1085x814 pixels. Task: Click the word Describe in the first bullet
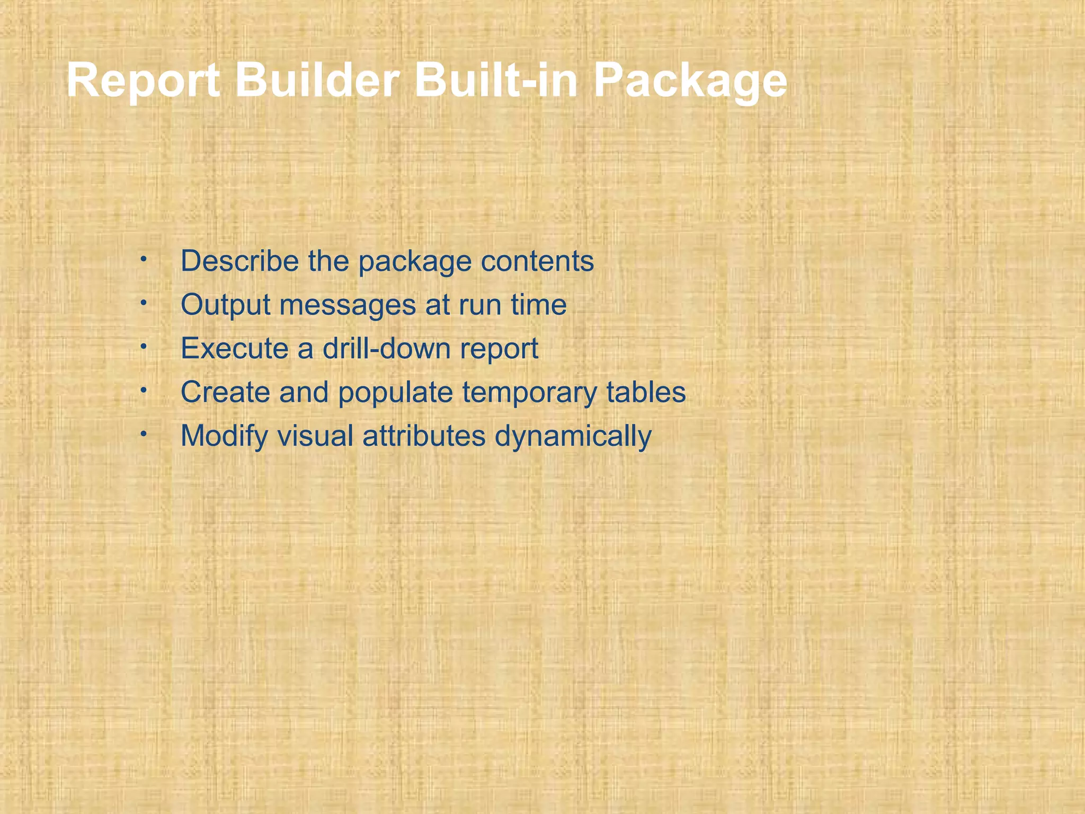[x=239, y=261]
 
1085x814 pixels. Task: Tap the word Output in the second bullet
[x=226, y=305]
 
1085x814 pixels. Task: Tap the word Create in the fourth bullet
[x=225, y=392]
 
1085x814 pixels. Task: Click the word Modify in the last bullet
[x=224, y=436]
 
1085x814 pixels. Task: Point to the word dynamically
[x=573, y=436]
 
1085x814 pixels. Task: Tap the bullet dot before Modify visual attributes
[x=143, y=434]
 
